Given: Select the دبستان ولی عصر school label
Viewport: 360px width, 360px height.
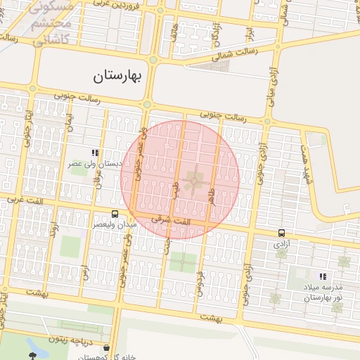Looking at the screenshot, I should point(95,164).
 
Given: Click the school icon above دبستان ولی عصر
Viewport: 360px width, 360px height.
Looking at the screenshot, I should point(95,153).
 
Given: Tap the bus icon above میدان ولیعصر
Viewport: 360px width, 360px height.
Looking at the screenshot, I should point(115,214).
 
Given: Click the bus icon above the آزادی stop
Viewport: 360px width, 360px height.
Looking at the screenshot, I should point(281,233).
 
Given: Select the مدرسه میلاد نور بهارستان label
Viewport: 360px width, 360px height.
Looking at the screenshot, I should point(322,293).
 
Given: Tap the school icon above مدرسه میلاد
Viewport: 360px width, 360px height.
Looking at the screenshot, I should point(323,277).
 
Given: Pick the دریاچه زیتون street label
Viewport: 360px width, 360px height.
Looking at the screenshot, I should point(69,339).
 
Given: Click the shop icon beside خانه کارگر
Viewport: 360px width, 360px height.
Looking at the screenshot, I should point(106,347).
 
